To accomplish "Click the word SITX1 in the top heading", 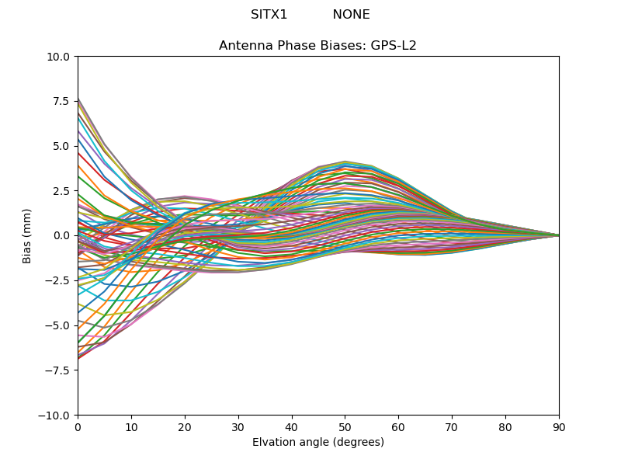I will [269, 15].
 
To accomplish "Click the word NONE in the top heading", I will [351, 15].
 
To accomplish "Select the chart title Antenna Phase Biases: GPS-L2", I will [317, 46].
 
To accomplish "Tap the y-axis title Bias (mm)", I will [27, 235].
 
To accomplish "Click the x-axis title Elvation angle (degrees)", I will [317, 443].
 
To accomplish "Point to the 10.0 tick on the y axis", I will [60, 57].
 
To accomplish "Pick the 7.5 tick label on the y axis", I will [62, 101].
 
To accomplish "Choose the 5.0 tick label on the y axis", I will [62, 146].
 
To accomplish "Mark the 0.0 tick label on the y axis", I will [62, 235].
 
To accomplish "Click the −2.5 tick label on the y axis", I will [59, 280].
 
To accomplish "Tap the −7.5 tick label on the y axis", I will [59, 370].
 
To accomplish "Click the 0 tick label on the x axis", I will [78, 426].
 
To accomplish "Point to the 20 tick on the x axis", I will [185, 426].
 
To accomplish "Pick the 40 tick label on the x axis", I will [292, 426].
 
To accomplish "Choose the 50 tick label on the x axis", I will [345, 426].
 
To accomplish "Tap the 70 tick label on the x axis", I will [452, 426].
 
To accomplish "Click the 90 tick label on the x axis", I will [559, 426].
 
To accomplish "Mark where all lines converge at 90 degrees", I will [558, 235].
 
